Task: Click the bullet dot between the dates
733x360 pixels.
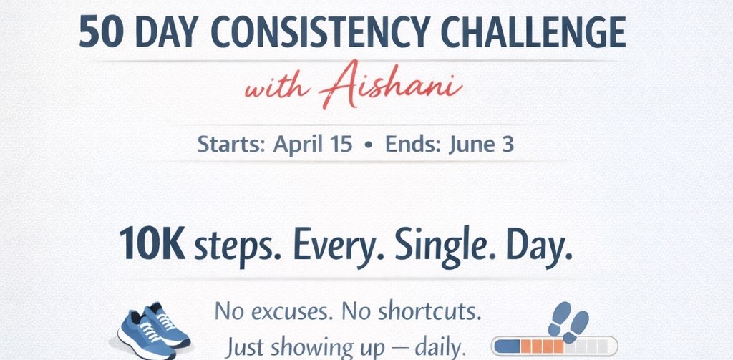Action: (369, 145)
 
